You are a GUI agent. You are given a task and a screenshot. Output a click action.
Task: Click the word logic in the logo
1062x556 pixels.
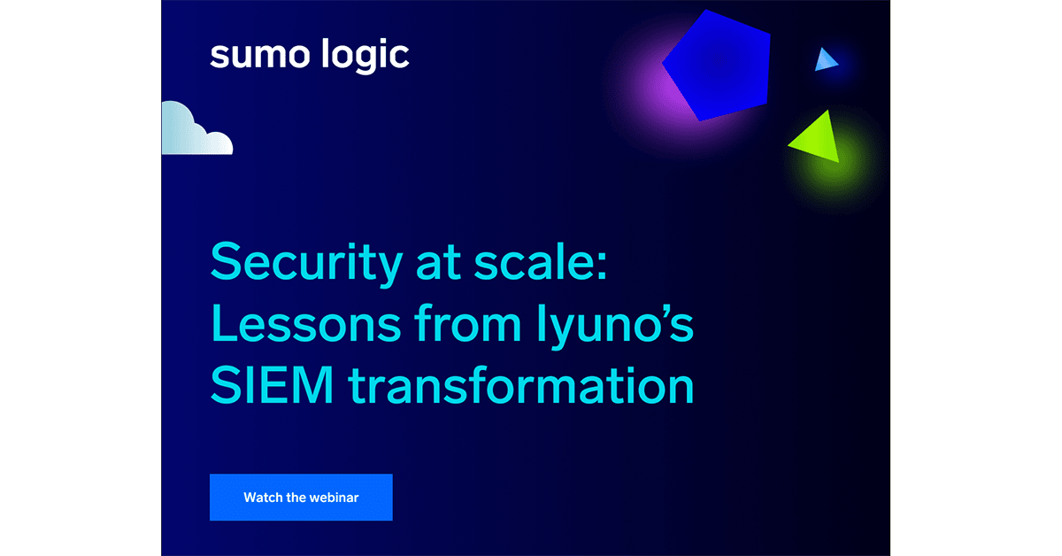(x=365, y=56)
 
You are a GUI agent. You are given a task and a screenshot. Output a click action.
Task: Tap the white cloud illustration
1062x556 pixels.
(x=196, y=128)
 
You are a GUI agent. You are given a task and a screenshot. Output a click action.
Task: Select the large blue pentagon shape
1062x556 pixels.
(x=717, y=66)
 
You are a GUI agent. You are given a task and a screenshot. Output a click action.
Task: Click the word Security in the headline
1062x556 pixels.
(x=306, y=264)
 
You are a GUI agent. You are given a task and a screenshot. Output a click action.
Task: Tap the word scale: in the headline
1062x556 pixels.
(x=541, y=261)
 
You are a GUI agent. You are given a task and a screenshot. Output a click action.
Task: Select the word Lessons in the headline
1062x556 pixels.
(x=306, y=323)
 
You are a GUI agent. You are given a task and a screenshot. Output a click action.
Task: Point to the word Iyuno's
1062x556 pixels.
(x=615, y=327)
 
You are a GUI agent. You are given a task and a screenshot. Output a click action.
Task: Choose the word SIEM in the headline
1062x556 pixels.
(x=273, y=385)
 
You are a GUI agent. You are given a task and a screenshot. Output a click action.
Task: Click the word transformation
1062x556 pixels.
(x=521, y=385)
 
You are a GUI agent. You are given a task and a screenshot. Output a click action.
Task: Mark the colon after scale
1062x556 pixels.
(x=602, y=266)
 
